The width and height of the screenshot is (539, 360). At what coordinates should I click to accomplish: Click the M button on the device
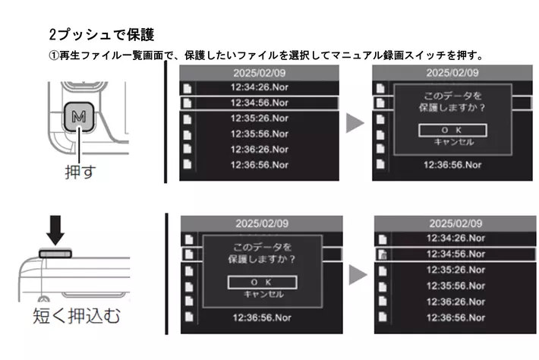coord(79,117)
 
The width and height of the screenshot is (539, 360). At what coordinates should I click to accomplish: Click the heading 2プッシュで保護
coord(102,34)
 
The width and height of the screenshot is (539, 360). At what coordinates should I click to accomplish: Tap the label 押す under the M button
coord(80,171)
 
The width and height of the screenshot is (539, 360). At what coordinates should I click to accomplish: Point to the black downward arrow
coord(55,230)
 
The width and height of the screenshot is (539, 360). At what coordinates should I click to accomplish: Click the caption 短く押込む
coord(77,316)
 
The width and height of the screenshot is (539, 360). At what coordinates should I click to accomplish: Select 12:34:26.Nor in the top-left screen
coord(260,87)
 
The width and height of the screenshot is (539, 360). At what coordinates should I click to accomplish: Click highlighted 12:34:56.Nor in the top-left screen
coord(260,103)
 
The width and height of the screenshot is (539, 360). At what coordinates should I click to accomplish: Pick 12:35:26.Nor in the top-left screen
coord(260,118)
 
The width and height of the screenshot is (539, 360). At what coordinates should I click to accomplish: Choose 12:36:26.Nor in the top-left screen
coord(260,150)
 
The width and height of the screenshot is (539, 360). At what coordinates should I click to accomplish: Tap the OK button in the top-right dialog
coord(452,131)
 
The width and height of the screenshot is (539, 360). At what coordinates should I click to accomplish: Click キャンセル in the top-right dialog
coord(454,142)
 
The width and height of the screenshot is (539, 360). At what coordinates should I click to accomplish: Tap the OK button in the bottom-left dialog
coord(262,283)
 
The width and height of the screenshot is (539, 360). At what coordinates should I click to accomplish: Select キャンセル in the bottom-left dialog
coord(263,295)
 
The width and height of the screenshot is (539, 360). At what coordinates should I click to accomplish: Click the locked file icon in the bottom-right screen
coord(383,254)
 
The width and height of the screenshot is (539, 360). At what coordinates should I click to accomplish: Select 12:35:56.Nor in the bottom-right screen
coord(455,286)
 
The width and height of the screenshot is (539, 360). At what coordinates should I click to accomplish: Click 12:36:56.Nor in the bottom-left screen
coord(262,317)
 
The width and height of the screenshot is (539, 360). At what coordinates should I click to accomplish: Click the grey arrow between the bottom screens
coord(358,275)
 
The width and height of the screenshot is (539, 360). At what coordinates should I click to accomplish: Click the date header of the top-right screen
coord(452,73)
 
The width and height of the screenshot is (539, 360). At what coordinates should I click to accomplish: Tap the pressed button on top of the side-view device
coord(55,254)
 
